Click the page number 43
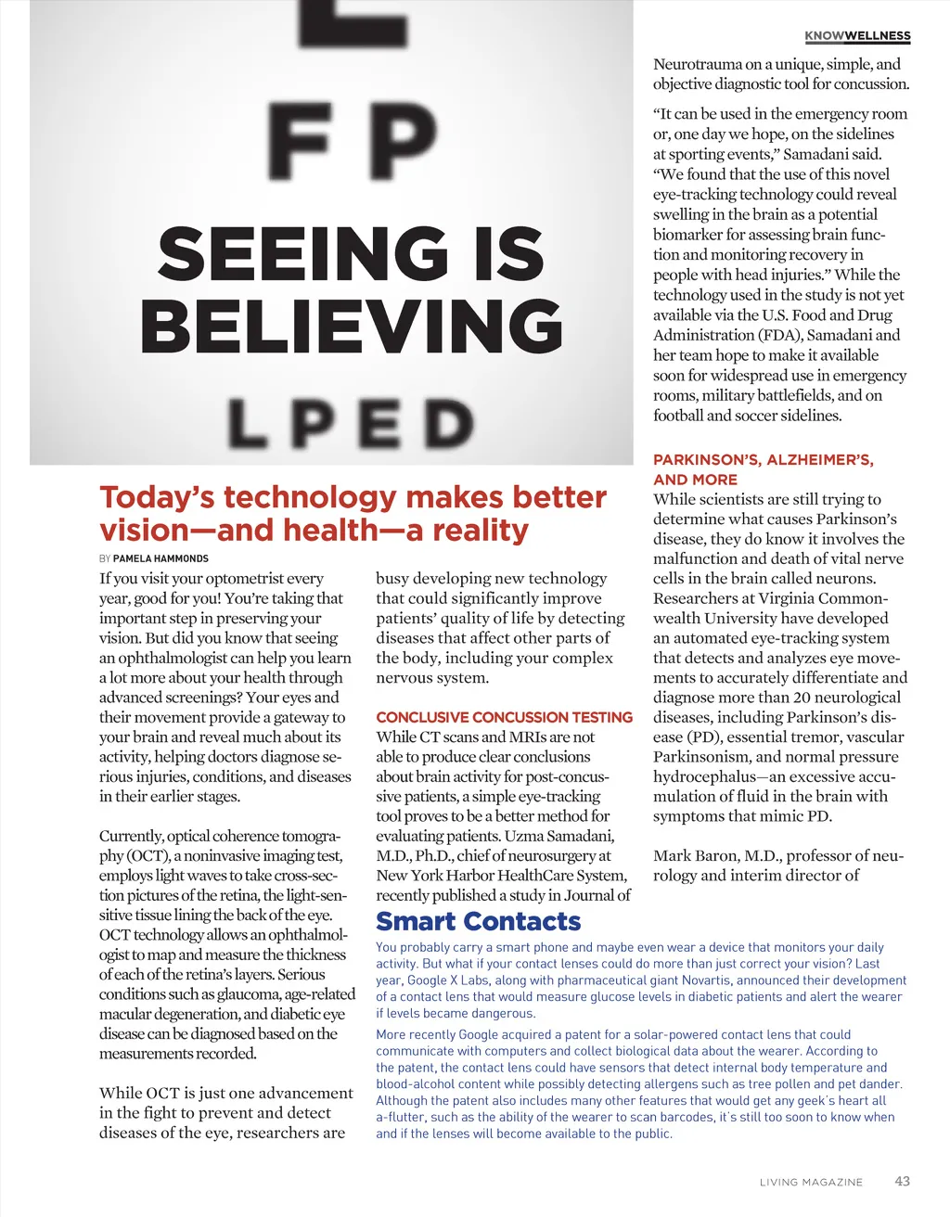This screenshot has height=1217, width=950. pos(902,1181)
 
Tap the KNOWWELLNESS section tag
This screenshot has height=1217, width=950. pos(857,36)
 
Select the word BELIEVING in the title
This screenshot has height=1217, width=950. pos(352,327)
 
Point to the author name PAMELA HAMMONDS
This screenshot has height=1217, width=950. pos(160,558)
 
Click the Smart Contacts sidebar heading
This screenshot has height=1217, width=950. pos(478,921)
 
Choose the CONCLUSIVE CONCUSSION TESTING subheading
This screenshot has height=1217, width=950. pos(504,717)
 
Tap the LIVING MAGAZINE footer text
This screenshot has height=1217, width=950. pos(811,1182)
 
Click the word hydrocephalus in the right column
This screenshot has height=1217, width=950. pos(704,776)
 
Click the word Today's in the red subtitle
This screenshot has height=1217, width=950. pos(158,497)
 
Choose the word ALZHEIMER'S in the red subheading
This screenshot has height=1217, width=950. pos(819,459)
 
